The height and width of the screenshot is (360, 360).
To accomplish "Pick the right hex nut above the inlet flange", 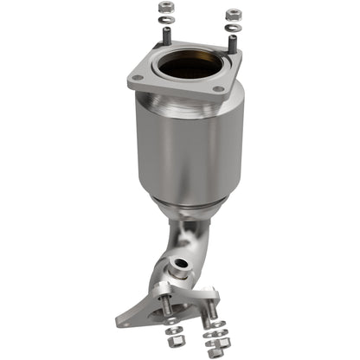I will coord(232,15).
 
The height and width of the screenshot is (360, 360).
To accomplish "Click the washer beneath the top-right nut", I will coord(232,26).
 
